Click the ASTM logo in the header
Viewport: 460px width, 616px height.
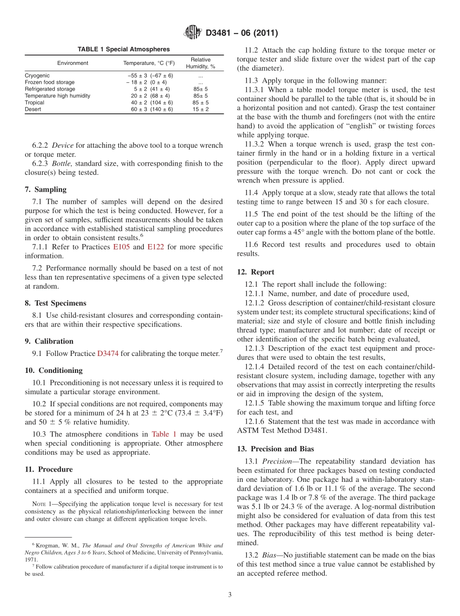pos(192,33)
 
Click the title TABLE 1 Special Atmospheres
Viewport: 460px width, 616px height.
pos(123,49)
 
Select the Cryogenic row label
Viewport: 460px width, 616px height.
pos(37,76)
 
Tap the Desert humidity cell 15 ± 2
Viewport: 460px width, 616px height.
pos(200,109)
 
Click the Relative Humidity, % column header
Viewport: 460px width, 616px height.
pos(200,63)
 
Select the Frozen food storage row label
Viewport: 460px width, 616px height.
pos(50,82)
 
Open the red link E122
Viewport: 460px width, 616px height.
pos(155,247)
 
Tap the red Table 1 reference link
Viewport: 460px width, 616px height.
pos(164,434)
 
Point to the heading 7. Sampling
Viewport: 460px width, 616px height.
pos(46,189)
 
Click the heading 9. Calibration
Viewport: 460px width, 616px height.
pos(49,341)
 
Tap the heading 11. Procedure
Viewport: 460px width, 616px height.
pos(49,469)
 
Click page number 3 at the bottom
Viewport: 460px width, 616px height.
pos(230,595)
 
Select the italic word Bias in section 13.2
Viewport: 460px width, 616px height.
pos(271,555)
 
